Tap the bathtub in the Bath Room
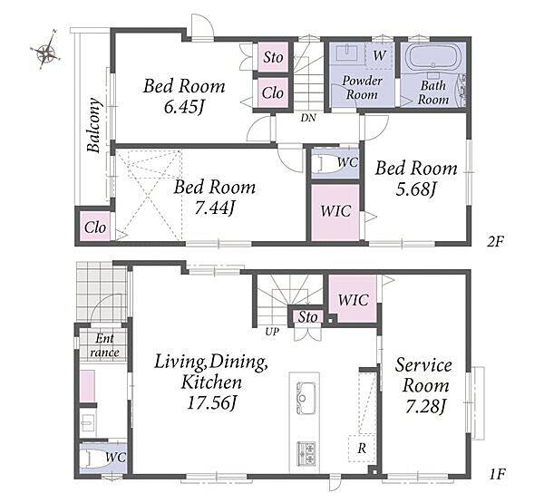432,58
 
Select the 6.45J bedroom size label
183,108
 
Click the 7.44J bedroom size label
215,208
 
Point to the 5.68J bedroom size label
415,189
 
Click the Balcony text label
93,125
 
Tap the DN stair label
308,118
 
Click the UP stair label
272,332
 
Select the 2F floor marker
495,241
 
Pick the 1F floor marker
497,474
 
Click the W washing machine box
379,55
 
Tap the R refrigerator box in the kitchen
362,449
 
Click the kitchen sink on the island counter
306,399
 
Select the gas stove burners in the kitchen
306,454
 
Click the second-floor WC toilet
326,164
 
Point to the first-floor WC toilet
91,458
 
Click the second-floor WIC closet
335,212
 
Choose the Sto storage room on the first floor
307,317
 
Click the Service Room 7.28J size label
424,407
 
